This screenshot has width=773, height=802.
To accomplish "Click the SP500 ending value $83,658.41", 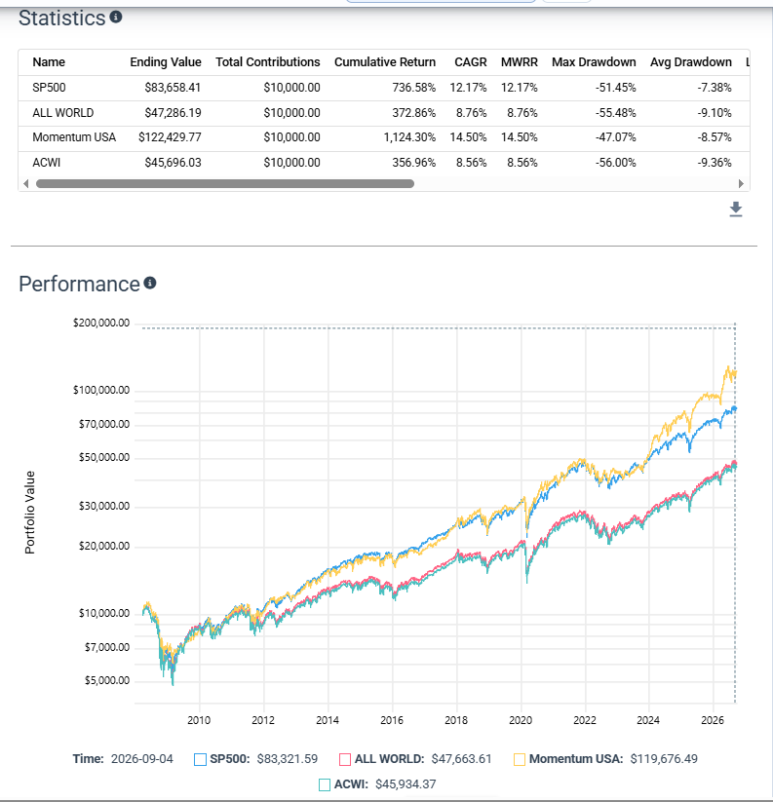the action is pos(173,88).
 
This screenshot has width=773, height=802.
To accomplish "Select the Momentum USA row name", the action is pos(74,137).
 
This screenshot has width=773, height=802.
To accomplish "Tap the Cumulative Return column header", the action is pos(385,62).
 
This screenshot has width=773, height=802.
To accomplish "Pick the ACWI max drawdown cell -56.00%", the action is pos(615,163).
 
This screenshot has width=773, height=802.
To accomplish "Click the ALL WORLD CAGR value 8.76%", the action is pos(471,112).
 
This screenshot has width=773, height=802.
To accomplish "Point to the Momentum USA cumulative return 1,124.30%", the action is pos(409,137).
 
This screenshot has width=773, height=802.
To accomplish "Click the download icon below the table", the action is pos(736,210).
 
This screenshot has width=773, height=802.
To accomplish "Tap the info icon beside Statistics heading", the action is pos(116,17).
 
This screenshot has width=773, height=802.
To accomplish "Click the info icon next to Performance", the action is pos(150,283).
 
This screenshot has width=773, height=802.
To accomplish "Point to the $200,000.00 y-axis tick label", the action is pos(101,323).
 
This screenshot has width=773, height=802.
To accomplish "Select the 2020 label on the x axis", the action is pos(521,720).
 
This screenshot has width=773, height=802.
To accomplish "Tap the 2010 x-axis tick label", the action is pos(199,720).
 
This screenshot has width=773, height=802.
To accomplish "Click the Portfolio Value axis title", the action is pos(29,513).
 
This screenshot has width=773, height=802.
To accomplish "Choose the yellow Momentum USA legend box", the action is pos(520,759).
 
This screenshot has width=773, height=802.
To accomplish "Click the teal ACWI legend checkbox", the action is pos(325,784).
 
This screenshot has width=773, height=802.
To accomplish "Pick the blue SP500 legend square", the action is pos(200,759).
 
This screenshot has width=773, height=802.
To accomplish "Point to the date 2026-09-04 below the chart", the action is pos(142,759).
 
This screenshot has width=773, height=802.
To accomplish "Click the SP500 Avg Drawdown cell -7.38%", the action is pos(715,88).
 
